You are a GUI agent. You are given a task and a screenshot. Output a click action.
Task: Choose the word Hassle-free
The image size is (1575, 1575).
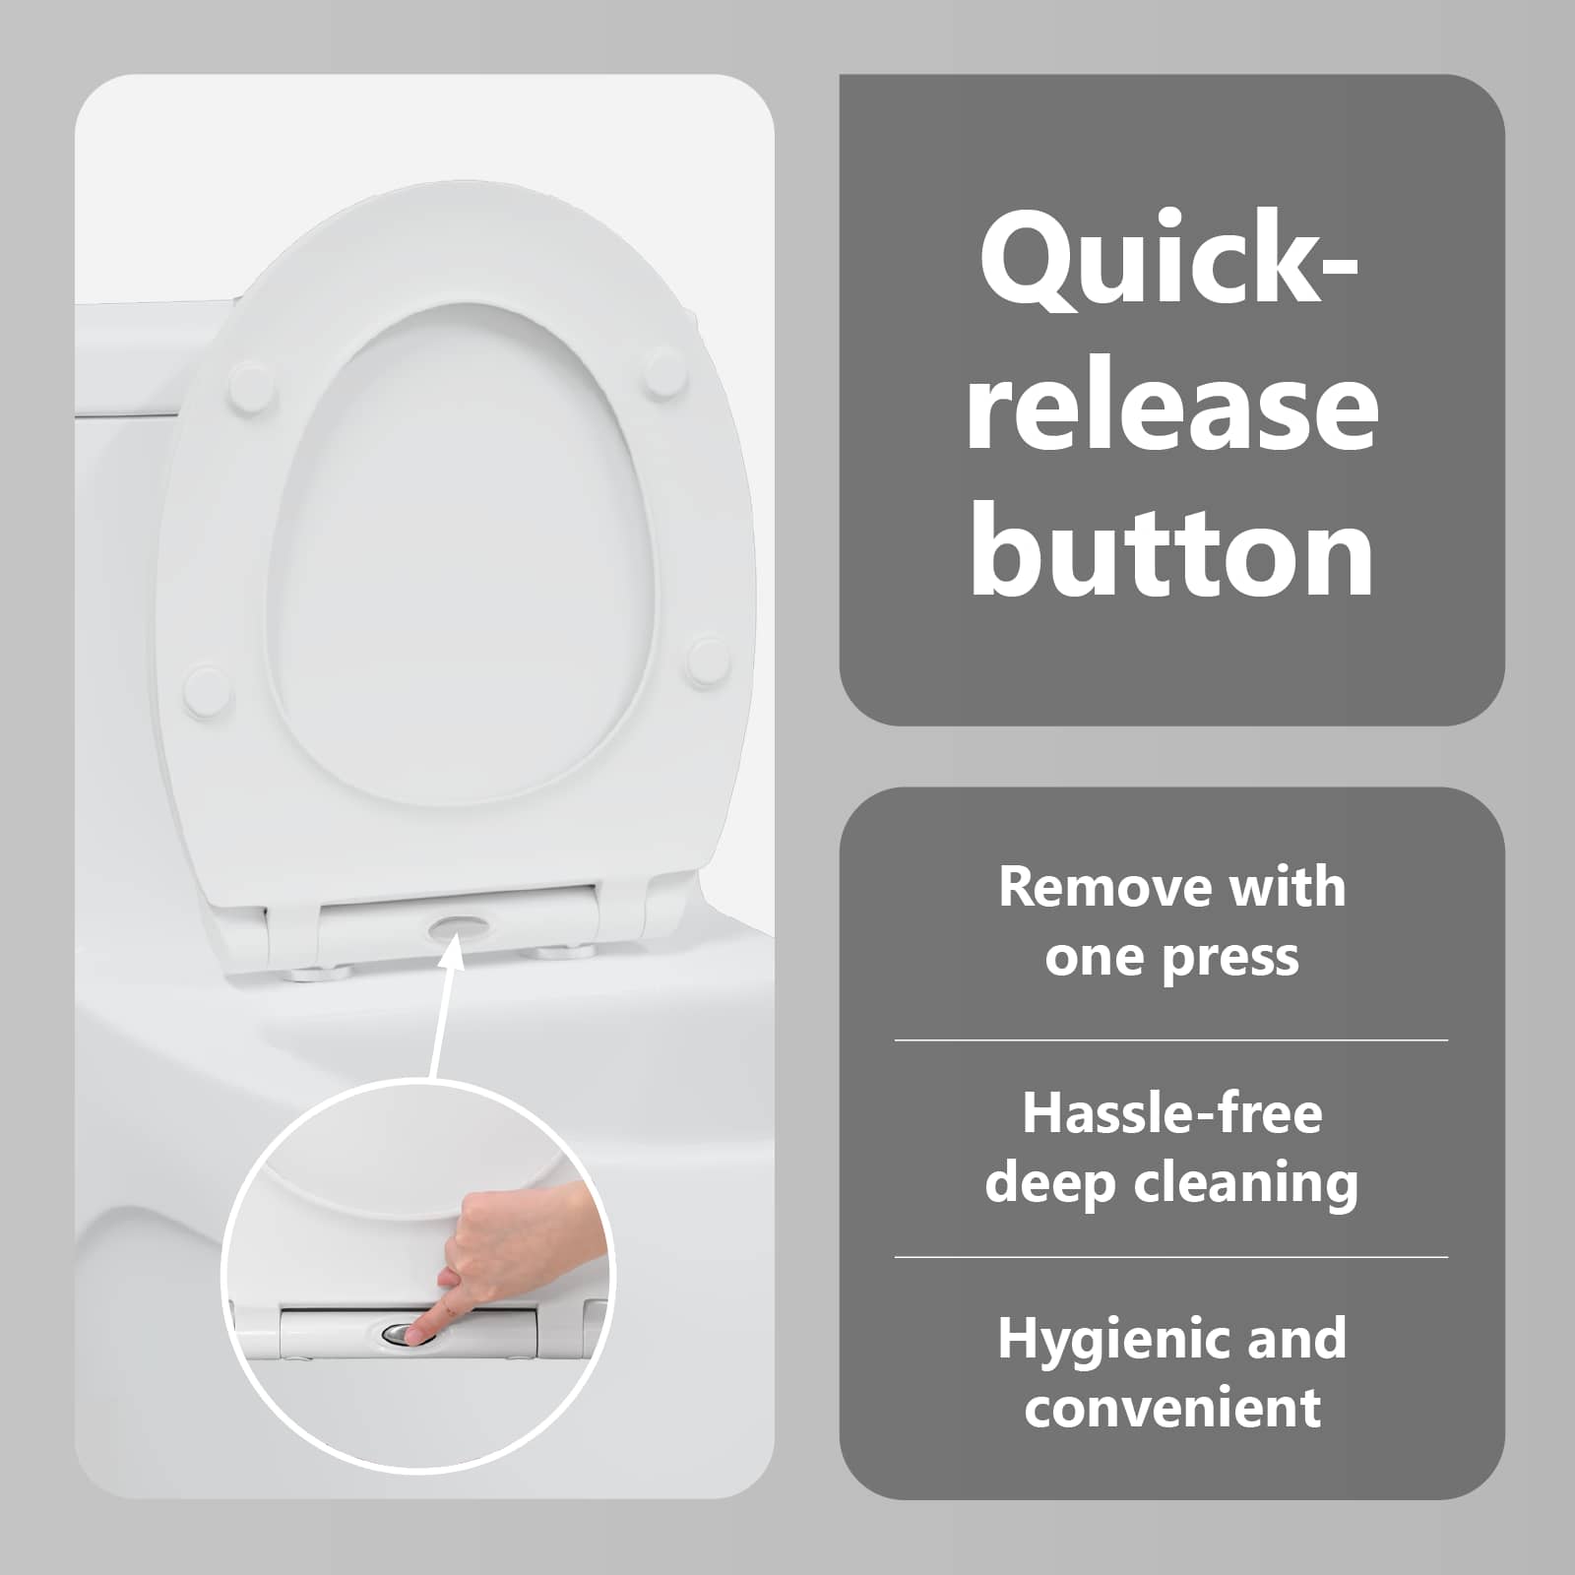[1171, 1113]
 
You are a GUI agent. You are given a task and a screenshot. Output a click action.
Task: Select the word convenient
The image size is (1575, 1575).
[1171, 1408]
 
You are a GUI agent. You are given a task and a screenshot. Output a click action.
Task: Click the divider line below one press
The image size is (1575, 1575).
[1171, 1039]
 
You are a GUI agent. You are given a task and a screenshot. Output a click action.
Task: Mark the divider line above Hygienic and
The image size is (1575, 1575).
[1171, 1257]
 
